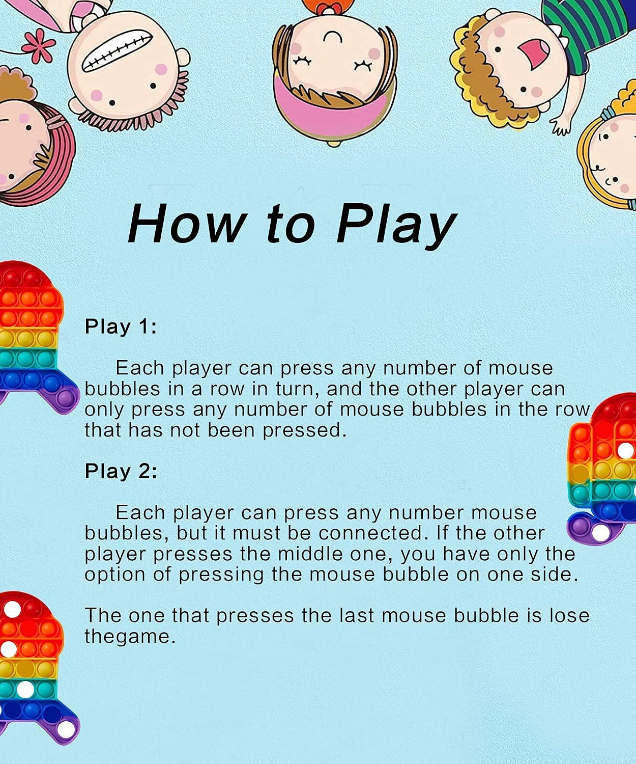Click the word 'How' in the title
click(186, 223)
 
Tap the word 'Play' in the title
click(396, 227)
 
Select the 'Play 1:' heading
click(121, 326)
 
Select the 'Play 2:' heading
click(121, 471)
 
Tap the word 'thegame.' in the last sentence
click(130, 637)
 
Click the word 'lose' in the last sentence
click(569, 615)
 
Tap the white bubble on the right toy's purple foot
click(600, 533)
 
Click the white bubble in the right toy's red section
click(626, 450)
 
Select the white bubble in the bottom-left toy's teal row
click(25, 689)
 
